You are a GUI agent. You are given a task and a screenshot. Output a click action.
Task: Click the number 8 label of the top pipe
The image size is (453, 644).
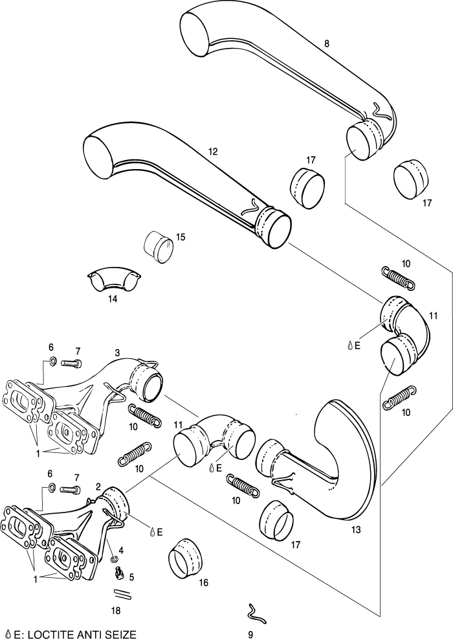tap(327, 44)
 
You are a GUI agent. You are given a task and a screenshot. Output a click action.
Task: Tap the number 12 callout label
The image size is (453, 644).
tap(213, 152)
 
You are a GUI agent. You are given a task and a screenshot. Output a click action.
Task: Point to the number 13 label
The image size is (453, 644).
tap(355, 529)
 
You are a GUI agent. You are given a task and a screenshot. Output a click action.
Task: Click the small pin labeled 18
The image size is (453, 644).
tap(122, 593)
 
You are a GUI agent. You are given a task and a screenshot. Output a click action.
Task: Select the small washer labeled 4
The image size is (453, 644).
tap(114, 558)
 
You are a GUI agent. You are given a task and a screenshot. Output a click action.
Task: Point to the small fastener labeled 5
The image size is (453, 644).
tap(119, 572)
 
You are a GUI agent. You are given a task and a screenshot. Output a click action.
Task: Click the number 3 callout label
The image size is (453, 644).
tap(117, 352)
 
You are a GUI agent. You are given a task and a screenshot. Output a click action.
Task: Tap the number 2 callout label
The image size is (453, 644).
tap(98, 486)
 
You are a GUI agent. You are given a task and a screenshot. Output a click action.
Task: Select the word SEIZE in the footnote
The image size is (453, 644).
tap(120, 634)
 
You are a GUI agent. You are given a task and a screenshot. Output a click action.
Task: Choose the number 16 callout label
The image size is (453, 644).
tap(203, 582)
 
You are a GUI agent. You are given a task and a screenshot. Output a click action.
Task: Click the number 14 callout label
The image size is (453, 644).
tap(113, 300)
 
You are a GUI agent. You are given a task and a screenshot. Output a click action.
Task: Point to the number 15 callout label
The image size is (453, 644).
tap(181, 237)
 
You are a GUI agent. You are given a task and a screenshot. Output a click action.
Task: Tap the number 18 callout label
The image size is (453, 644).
tap(116, 610)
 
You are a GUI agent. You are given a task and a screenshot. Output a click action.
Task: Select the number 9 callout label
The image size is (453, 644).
tap(250, 635)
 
